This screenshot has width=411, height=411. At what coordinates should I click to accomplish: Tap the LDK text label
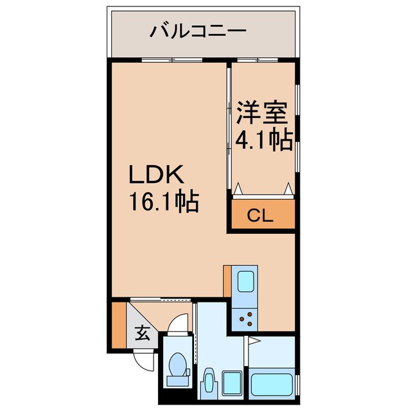pyautogui.click(x=158, y=175)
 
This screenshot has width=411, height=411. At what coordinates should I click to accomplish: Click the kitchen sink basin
pyautogui.click(x=247, y=283)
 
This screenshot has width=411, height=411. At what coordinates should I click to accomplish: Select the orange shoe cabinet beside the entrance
pyautogui.click(x=119, y=325)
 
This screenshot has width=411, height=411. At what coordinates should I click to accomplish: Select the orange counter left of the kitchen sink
pyautogui.click(x=227, y=282)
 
